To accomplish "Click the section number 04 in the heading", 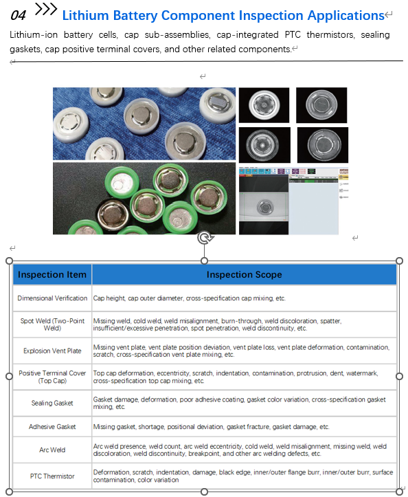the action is (18, 15).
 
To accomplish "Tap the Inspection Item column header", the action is (52, 274).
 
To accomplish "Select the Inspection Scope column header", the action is (245, 274).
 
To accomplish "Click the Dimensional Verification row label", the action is (52, 298).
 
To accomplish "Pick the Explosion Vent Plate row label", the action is (52, 351).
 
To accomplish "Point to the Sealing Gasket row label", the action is (52, 403).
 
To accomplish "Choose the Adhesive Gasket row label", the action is (52, 427).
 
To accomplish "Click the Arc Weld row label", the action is (52, 450).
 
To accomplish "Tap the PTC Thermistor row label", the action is (52, 476).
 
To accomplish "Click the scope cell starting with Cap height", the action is (189, 298).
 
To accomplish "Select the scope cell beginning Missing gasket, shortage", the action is (211, 427).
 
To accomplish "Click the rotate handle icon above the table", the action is (205, 238).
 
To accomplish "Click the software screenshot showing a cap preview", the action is (294, 201).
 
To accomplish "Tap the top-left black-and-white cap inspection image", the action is (264, 105).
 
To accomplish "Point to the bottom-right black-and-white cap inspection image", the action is (323, 145).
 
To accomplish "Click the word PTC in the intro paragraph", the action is (293, 34).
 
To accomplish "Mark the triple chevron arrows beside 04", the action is (46, 9).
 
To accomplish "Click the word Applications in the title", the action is (346, 16).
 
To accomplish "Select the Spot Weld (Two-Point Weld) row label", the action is (52, 324).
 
